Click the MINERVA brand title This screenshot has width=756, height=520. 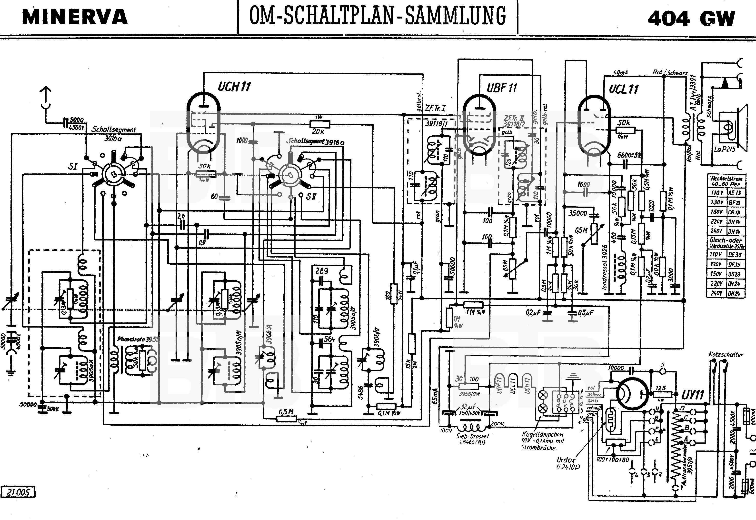[75, 17]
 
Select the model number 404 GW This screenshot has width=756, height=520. [691, 19]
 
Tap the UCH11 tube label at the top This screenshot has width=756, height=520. [234, 87]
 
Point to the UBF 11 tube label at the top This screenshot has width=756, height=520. [502, 88]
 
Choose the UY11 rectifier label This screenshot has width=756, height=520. [693, 395]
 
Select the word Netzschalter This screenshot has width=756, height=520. [726, 354]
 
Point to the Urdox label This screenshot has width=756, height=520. [566, 460]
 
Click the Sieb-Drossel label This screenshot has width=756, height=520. [473, 436]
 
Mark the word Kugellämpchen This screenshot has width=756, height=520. [543, 434]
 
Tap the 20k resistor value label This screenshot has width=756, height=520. [318, 131]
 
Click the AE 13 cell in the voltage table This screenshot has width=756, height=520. [735, 193]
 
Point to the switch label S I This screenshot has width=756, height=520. [73, 167]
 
